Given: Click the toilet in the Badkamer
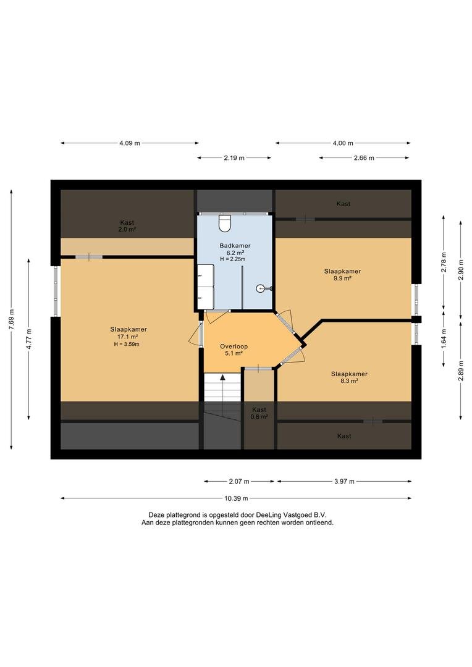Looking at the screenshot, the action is pyautogui.click(x=224, y=223).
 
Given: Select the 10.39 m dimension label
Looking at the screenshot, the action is pyautogui.click(x=236, y=498).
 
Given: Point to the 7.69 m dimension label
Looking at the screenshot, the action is pyautogui.click(x=12, y=319).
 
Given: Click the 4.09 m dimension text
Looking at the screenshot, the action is pyautogui.click(x=130, y=143).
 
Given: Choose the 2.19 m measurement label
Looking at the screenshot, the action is pyautogui.click(x=235, y=158).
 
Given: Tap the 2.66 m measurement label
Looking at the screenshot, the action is pyautogui.click(x=364, y=158).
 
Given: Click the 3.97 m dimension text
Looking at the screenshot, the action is pyautogui.click(x=344, y=482).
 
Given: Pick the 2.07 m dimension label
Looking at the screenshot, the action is pyautogui.click(x=239, y=482).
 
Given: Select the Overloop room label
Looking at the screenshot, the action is pyautogui.click(x=234, y=346).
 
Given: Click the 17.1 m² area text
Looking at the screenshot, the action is pyautogui.click(x=128, y=337).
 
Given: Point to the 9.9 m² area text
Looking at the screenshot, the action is pyautogui.click(x=342, y=278).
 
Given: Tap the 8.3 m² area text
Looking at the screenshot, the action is pyautogui.click(x=349, y=381).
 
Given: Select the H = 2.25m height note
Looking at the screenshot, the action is pyautogui.click(x=232, y=259).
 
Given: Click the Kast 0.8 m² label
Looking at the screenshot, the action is pyautogui.click(x=259, y=413).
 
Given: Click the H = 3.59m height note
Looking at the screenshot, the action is pyautogui.click(x=127, y=344).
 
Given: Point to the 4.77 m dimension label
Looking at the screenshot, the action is pyautogui.click(x=29, y=339).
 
